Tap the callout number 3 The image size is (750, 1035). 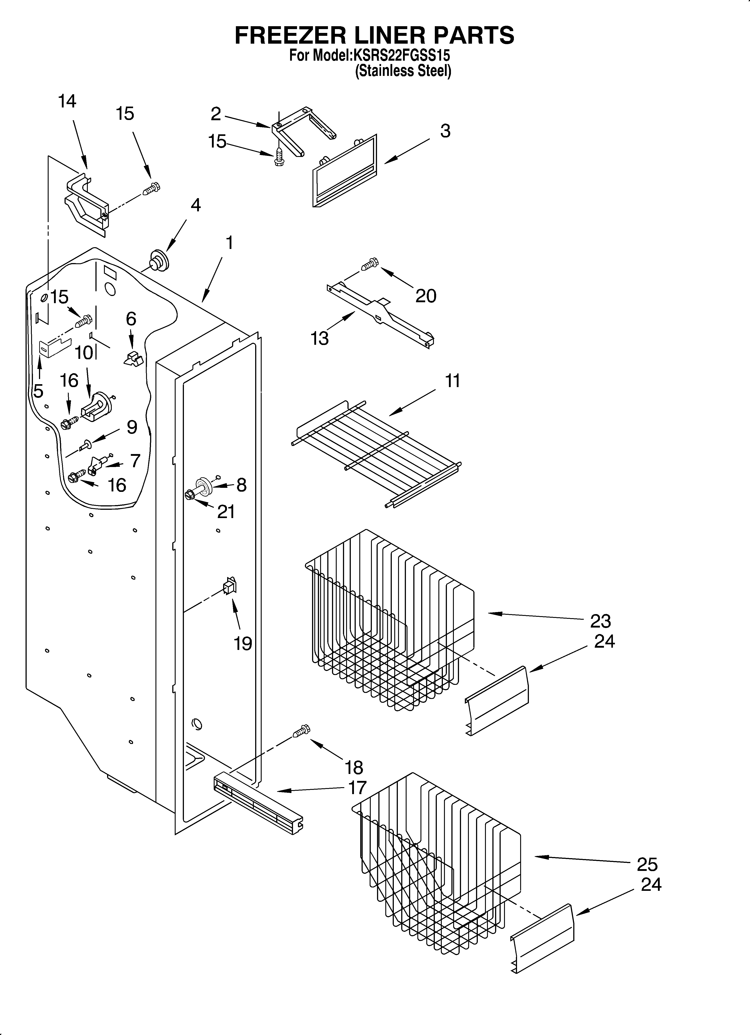[x=445, y=131]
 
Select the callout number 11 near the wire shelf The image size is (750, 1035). [x=452, y=381]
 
